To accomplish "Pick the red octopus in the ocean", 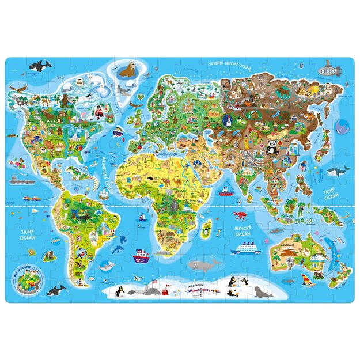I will coord(238,217).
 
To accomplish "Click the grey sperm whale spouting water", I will coord(203,264).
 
